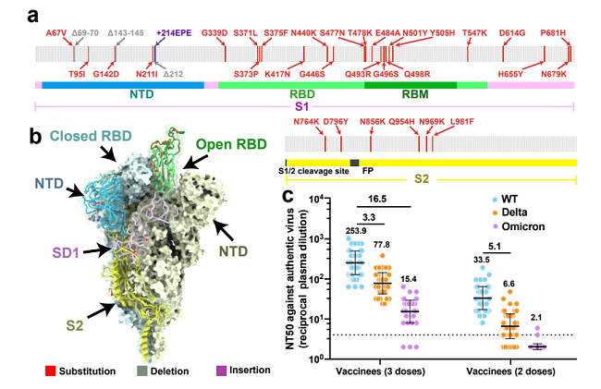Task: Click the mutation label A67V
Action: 58,32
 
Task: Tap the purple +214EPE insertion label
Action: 173,32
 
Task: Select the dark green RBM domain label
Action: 407,93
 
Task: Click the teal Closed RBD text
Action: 91,138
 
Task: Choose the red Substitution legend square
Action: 38,371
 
